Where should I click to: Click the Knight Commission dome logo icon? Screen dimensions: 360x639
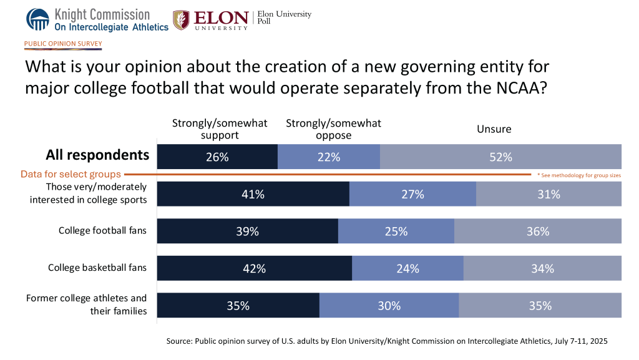point(37,19)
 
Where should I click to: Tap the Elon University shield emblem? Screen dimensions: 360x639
point(182,20)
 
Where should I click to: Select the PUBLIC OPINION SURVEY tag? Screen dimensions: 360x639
point(63,44)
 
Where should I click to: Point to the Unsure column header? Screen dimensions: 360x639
point(494,129)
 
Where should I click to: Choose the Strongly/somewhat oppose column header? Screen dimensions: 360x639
point(333,129)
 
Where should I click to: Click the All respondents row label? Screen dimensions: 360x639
point(97,155)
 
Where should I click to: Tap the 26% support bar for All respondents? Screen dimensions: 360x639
point(217,157)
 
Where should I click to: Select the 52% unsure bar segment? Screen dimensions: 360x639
point(500,157)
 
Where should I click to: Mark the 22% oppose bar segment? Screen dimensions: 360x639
point(328,157)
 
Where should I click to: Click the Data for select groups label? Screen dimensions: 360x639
point(71,175)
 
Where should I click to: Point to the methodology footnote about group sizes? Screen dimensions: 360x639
point(578,175)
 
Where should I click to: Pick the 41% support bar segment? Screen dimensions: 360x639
point(253,194)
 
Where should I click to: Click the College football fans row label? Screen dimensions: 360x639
point(102,231)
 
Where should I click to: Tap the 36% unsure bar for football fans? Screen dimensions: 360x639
point(537,231)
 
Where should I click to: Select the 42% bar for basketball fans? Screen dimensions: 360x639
point(254,268)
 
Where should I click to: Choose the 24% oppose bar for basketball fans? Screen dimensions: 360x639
point(407,268)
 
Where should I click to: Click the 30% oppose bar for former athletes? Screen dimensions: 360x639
point(389,306)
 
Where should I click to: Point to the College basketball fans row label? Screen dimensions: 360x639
point(97,268)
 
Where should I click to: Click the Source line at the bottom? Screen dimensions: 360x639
point(387,342)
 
